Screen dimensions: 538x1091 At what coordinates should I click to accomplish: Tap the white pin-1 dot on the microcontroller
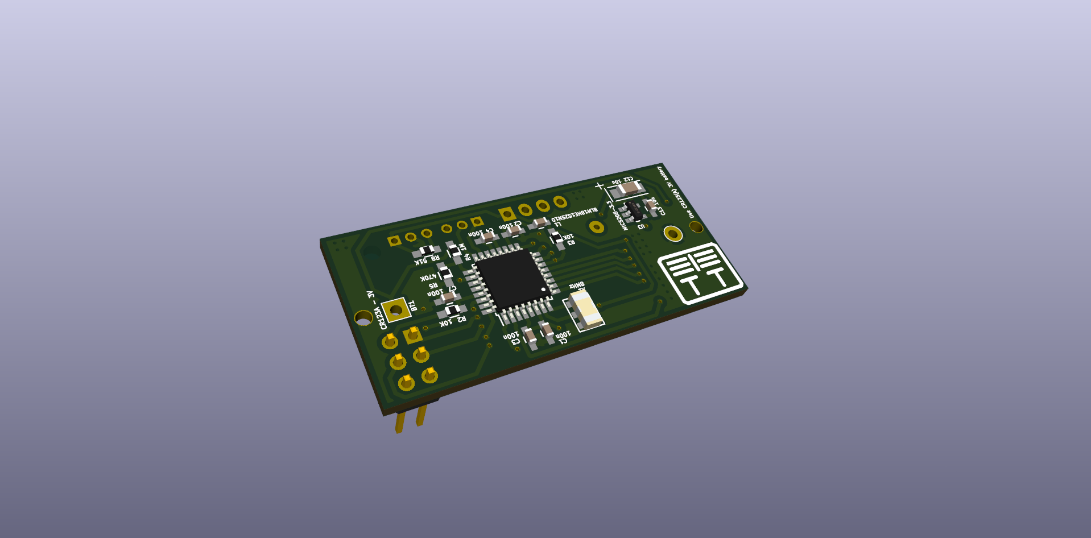543,289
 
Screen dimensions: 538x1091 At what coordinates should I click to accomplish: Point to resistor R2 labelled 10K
453,310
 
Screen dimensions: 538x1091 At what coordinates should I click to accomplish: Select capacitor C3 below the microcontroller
530,338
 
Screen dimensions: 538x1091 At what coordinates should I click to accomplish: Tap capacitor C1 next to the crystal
547,332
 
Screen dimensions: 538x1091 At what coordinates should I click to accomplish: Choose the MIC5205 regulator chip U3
635,211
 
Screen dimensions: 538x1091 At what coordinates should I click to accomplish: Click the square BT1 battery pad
396,310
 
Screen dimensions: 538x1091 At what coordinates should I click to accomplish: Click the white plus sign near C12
599,186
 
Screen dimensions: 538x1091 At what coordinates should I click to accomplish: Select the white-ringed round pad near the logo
673,233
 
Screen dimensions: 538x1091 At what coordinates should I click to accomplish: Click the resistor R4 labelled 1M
454,251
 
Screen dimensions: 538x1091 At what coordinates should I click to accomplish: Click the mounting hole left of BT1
363,317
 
